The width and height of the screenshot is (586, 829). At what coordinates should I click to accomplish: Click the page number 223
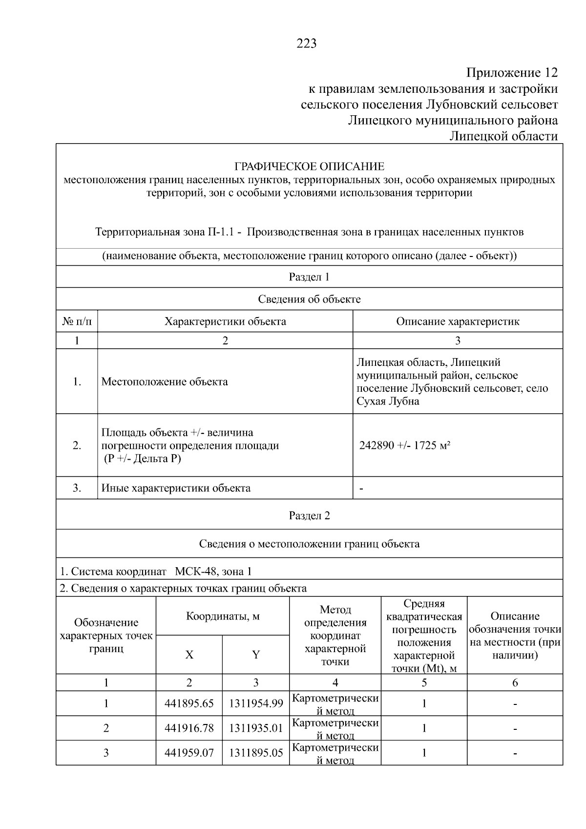point(307,44)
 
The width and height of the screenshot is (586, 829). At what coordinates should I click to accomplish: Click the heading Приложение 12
point(512,73)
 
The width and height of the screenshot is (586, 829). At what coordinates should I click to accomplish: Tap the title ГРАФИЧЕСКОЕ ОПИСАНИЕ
point(309,167)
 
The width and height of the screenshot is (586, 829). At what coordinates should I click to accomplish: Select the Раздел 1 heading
point(309,277)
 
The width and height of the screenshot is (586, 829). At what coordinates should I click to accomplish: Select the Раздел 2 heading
point(309,516)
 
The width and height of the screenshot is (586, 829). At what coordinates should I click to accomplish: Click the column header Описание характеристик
point(457,321)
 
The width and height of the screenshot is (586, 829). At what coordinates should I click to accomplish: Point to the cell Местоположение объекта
point(165,382)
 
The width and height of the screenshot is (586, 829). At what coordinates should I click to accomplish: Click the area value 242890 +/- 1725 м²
point(404,446)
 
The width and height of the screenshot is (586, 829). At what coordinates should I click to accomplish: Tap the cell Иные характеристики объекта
point(176,488)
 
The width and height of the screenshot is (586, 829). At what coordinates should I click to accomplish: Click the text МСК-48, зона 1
point(213,572)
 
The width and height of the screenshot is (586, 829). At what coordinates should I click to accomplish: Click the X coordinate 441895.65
point(189,703)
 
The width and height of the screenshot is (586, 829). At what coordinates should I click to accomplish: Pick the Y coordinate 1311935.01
point(256,728)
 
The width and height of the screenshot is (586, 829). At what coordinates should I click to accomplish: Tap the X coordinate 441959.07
point(189,753)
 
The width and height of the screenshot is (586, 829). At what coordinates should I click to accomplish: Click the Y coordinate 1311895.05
point(256,753)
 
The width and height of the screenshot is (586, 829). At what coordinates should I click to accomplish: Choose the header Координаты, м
point(223,616)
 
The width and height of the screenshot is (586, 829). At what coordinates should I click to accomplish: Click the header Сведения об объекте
point(309,299)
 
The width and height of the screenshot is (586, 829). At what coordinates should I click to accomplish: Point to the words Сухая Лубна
point(387,402)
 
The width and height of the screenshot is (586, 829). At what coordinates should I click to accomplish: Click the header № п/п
point(77,321)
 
